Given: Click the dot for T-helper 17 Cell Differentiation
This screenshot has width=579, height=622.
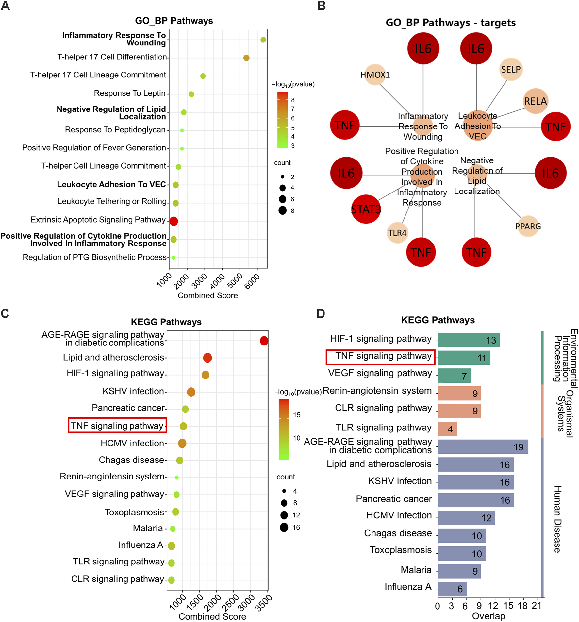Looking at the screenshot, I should pos(246,58).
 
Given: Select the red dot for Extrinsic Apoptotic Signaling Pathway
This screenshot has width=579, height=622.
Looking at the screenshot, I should pos(174,221).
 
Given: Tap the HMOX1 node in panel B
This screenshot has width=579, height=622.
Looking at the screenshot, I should pos(375,75).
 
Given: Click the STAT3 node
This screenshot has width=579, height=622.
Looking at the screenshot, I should pos(366,209).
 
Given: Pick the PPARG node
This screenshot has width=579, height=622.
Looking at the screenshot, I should pos(528,226).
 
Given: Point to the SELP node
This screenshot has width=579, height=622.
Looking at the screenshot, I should pos(511,69).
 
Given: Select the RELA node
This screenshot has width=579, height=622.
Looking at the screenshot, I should pos(535,101).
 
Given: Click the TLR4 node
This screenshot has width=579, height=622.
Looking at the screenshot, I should pos(397,233).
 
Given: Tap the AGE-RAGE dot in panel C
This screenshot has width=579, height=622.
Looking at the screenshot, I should pos(264,341).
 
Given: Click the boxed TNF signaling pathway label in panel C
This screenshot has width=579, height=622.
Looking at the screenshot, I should pos(117,426).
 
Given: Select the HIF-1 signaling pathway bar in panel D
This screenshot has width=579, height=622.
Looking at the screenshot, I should pos(469,340).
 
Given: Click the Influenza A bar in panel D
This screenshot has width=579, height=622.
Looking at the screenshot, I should pos(452,589).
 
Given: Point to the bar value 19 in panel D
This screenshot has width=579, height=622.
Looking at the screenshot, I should pos(518,447).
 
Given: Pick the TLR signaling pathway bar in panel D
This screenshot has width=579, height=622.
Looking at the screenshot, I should pos(447,429).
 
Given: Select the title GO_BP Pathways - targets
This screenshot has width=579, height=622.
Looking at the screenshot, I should pos(451,23).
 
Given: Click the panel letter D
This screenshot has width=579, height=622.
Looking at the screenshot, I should pos(321,314).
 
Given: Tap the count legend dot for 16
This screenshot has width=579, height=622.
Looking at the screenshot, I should pos(284,528).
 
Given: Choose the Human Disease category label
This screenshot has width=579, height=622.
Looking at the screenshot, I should pos(557,519).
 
